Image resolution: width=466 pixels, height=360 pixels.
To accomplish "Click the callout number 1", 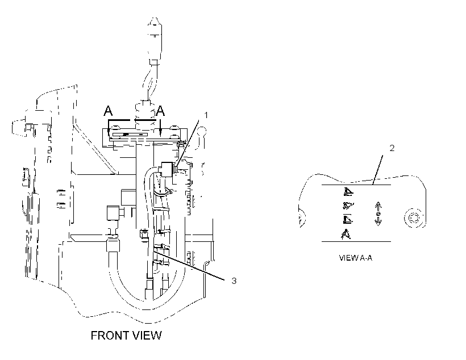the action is (206, 115).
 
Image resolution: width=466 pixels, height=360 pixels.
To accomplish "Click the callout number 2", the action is (392, 148).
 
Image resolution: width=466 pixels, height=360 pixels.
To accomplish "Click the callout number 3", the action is (234, 281).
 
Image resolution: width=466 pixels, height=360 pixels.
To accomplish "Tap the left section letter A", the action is (108, 111).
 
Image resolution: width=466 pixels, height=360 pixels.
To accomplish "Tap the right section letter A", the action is (160, 111).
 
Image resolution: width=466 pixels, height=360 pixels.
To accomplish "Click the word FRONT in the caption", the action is (109, 336).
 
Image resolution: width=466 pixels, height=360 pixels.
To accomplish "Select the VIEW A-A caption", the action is (355, 258).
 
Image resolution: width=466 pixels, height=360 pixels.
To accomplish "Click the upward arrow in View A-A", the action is (378, 207).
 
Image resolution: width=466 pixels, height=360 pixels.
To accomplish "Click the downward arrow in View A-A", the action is (378, 221).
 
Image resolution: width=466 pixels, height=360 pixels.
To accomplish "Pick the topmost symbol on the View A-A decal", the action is (348, 192).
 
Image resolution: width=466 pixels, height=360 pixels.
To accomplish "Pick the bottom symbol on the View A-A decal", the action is (346, 235).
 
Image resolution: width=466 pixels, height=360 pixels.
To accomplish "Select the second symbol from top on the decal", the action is (347, 206).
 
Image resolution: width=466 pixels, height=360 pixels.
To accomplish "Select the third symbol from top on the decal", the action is (347, 219).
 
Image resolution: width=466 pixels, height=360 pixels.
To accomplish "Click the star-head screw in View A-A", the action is (414, 217).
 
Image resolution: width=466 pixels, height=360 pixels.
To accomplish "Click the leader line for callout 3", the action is (189, 265).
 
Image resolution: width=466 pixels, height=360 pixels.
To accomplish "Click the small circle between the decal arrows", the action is (378, 214).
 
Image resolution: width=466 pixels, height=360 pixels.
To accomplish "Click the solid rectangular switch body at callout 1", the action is (167, 169).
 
